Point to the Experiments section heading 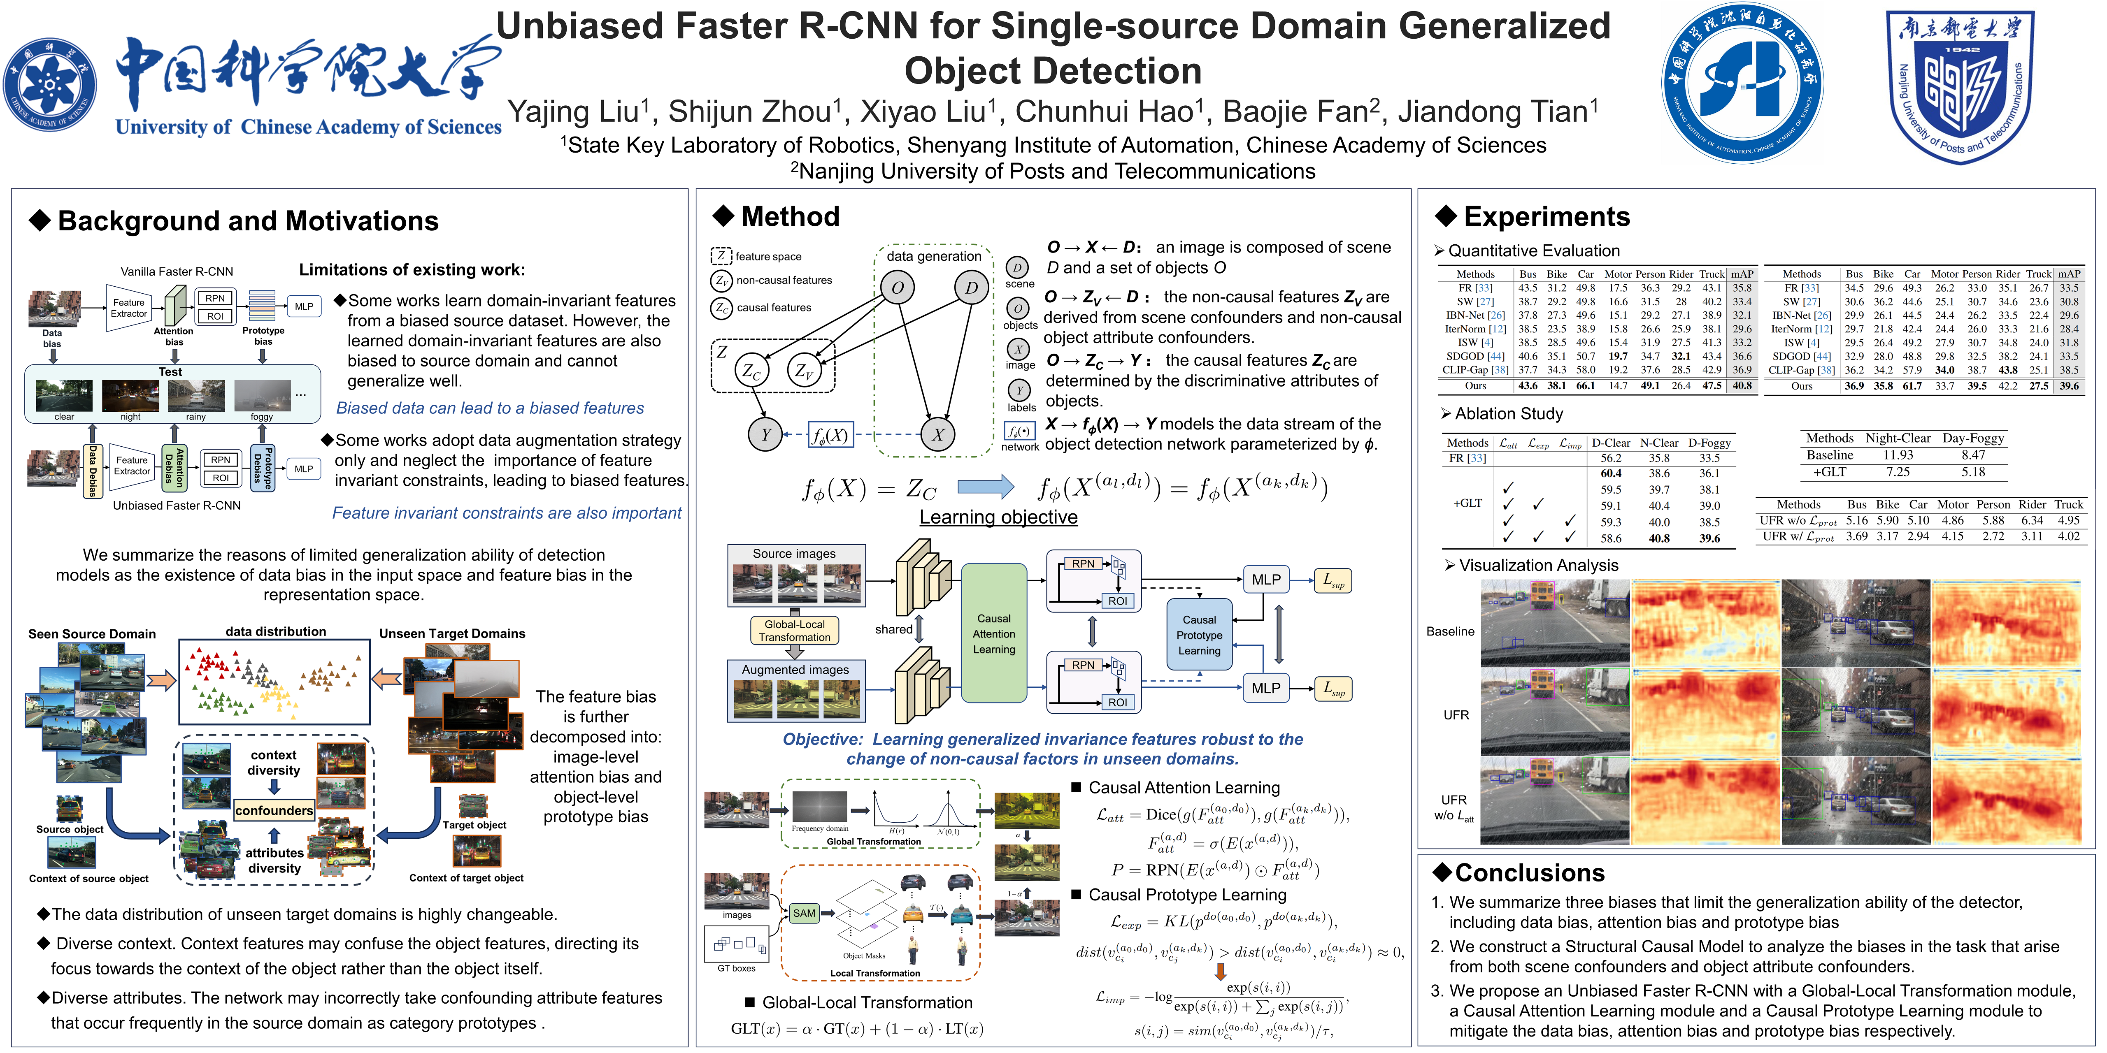(1546, 217)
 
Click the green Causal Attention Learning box (994, 633)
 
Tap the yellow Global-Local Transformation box (794, 630)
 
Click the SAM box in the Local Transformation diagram (804, 913)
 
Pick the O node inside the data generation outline (897, 288)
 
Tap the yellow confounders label (274, 810)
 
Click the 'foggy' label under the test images (262, 417)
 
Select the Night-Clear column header (1898, 438)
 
